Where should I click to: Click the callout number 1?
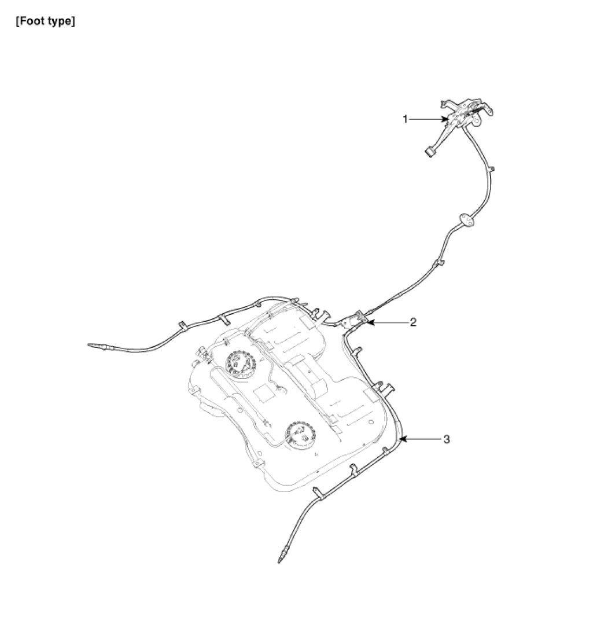406,119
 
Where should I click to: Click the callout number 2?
413,322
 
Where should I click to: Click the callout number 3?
446,439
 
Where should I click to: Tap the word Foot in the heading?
35,23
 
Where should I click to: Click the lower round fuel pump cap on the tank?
299,433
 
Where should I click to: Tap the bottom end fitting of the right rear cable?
282,558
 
